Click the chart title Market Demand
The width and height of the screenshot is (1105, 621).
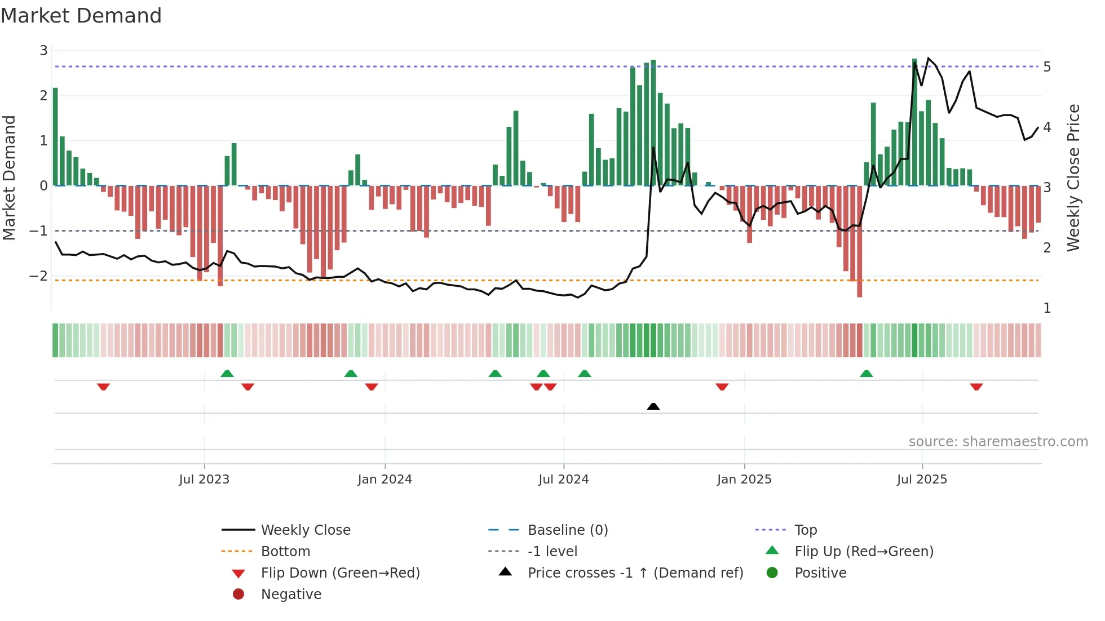[81, 16]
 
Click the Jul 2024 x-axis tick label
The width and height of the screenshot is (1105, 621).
[563, 480]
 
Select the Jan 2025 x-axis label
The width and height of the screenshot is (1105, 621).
[744, 480]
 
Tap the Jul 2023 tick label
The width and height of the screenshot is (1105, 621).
[204, 480]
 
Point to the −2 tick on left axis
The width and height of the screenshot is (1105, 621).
[38, 276]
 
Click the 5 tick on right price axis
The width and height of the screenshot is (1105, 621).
[1047, 67]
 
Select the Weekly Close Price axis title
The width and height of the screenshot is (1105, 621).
[1073, 178]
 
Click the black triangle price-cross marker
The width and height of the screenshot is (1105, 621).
[653, 406]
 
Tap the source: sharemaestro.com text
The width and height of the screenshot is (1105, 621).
[998, 442]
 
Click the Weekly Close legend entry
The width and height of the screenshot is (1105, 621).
[305, 530]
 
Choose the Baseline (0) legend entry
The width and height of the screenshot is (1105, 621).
[567, 530]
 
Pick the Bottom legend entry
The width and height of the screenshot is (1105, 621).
[285, 552]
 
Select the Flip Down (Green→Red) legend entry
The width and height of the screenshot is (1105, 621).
[340, 573]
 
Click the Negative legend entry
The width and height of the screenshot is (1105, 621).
[291, 595]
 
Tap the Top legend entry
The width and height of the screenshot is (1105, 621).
[805, 530]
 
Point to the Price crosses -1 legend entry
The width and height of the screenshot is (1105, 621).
[635, 573]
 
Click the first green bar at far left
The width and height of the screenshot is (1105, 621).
[55, 137]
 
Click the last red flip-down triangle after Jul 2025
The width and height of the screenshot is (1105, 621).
[976, 387]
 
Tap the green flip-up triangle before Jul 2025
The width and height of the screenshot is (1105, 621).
[866, 374]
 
